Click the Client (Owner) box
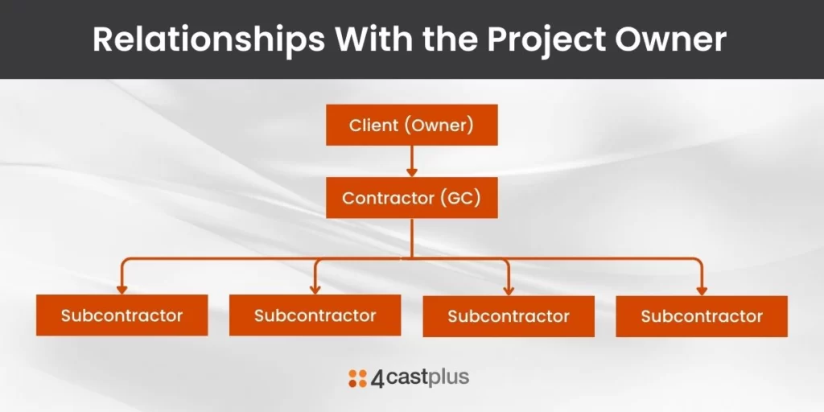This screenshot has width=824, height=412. point(411,125)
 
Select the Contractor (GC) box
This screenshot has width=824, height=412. point(411,198)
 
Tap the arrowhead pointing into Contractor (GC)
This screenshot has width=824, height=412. point(411,172)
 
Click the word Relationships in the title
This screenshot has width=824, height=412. point(208,39)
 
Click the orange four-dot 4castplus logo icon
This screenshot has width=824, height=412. point(357,378)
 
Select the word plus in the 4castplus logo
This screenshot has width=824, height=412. point(448,378)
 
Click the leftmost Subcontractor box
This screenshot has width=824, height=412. point(122,315)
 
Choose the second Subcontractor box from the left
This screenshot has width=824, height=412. point(315,315)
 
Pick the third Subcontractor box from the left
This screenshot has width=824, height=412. point(509,315)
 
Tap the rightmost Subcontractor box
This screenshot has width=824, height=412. point(702,315)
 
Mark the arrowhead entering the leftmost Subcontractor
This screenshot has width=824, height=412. point(122,290)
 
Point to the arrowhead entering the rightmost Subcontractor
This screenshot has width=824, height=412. point(702,290)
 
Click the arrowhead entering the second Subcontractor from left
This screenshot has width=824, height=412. point(315,290)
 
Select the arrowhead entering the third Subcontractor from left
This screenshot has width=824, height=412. point(509,290)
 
